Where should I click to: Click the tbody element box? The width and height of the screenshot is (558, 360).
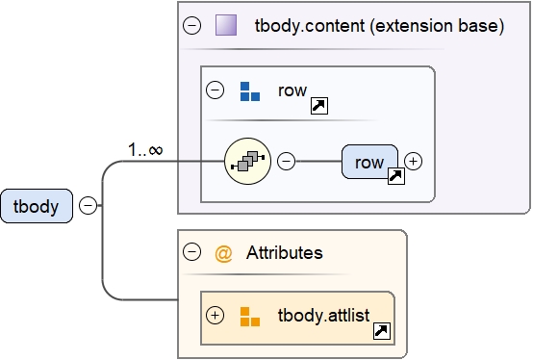pyautogui.click(x=37, y=206)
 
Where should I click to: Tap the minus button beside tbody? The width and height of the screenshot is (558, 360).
pyautogui.click(x=88, y=206)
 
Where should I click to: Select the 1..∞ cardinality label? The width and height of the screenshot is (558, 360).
pyautogui.click(x=145, y=149)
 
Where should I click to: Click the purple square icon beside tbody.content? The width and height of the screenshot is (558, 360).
pyautogui.click(x=226, y=26)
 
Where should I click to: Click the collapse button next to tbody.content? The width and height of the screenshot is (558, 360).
pyautogui.click(x=191, y=26)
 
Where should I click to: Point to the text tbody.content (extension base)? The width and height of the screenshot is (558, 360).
pyautogui.click(x=379, y=26)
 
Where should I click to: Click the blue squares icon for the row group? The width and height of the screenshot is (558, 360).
pyautogui.click(x=249, y=91)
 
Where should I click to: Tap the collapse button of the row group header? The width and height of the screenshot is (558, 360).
pyautogui.click(x=216, y=91)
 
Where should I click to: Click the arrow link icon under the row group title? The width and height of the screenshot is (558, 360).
pyautogui.click(x=317, y=106)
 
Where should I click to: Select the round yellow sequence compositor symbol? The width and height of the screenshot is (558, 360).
pyautogui.click(x=247, y=161)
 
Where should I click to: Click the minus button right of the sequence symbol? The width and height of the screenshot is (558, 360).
pyautogui.click(x=286, y=161)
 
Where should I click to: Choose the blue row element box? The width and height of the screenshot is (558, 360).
pyautogui.click(x=368, y=162)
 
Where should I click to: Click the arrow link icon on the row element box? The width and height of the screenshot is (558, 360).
pyautogui.click(x=394, y=176)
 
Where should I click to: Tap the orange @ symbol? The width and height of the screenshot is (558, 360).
pyautogui.click(x=224, y=253)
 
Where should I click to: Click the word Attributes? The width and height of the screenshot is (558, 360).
pyautogui.click(x=284, y=253)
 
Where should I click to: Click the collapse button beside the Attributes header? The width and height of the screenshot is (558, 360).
pyautogui.click(x=191, y=253)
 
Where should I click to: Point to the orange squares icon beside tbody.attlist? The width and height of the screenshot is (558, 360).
pyautogui.click(x=249, y=316)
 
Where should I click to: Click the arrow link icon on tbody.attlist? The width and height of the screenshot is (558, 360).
pyautogui.click(x=381, y=331)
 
